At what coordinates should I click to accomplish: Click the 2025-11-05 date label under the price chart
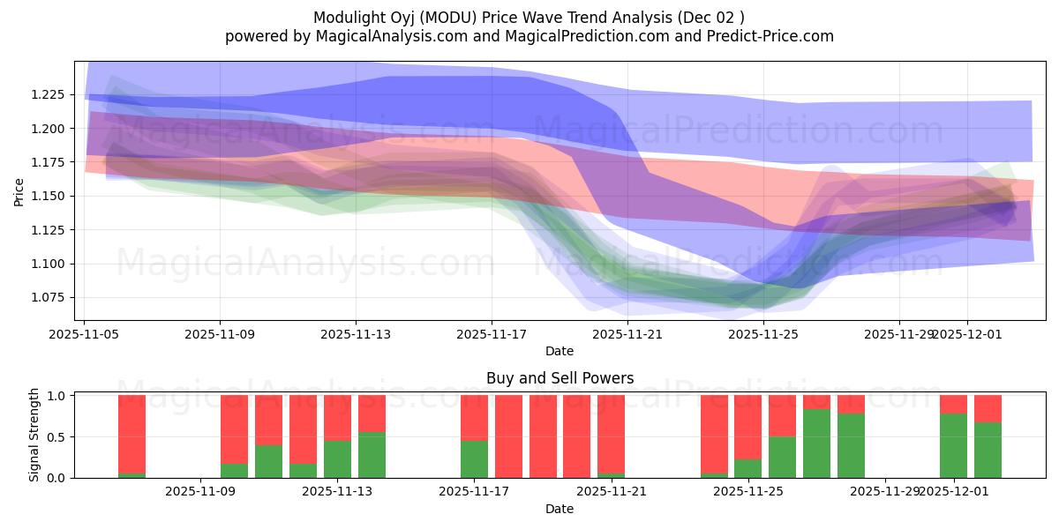click(x=85, y=334)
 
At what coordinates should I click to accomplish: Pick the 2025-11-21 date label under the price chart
click(x=627, y=334)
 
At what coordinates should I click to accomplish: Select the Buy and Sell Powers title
click(x=560, y=378)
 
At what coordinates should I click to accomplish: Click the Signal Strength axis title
click(x=34, y=435)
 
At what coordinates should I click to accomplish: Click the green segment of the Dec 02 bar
click(x=988, y=451)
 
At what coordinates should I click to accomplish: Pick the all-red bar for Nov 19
click(x=543, y=436)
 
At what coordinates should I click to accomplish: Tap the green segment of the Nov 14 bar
click(x=372, y=455)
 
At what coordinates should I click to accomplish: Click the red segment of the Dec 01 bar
click(x=953, y=404)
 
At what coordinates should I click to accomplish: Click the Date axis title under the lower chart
click(x=560, y=509)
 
